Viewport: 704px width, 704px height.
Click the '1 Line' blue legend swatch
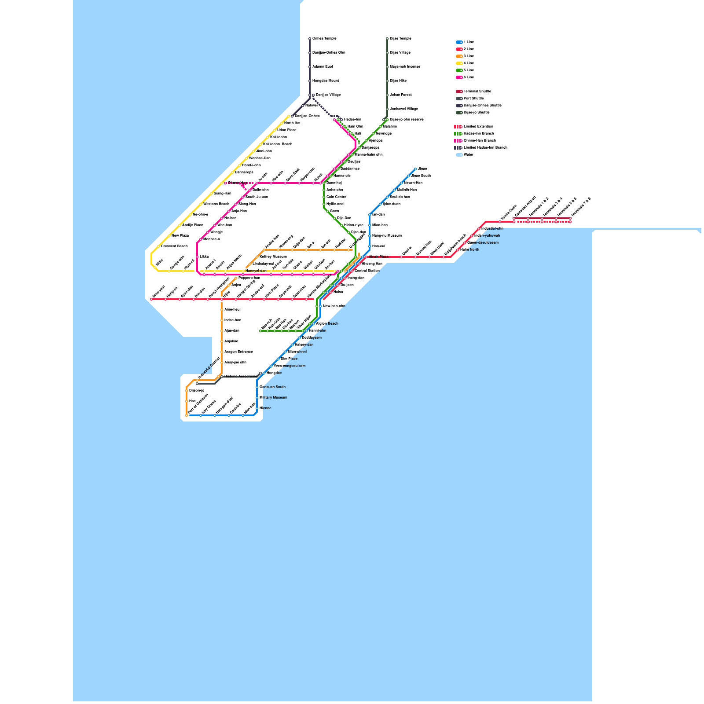[459, 42]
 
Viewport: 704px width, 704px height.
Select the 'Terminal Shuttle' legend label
[477, 92]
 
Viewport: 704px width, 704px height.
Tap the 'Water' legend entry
[468, 155]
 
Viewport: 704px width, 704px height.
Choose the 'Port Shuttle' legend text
[473, 99]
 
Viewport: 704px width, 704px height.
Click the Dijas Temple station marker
[387, 39]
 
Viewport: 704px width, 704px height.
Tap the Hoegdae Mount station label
[326, 81]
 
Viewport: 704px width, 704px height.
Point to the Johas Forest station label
[400, 95]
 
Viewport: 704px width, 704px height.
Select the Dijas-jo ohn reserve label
[407, 120]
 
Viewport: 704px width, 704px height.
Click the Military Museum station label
[273, 398]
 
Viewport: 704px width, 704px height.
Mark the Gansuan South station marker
[257, 387]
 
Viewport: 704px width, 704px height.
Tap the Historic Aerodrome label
[240, 377]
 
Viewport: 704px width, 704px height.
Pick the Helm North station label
[469, 250]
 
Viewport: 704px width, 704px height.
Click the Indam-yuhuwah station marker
[472, 236]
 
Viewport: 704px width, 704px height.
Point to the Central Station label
[367, 271]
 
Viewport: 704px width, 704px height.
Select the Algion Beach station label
[327, 324]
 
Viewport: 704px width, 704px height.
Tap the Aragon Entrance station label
[238, 352]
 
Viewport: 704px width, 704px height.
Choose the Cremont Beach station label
[174, 246]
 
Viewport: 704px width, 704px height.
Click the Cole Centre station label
[336, 197]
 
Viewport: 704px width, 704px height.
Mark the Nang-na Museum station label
[387, 236]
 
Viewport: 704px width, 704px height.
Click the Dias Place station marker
[278, 359]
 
